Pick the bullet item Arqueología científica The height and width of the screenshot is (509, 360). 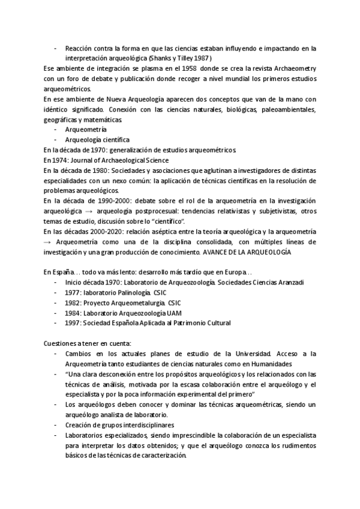(x=97, y=140)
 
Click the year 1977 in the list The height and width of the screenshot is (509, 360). (x=73, y=293)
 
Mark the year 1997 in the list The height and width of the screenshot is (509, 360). (x=73, y=324)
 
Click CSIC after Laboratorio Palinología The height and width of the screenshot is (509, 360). (x=160, y=293)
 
